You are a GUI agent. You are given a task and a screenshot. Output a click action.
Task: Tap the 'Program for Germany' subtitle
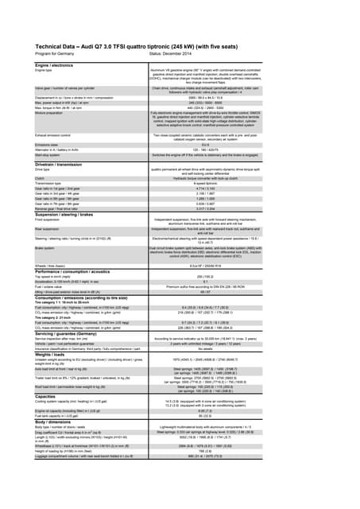[57, 55]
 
